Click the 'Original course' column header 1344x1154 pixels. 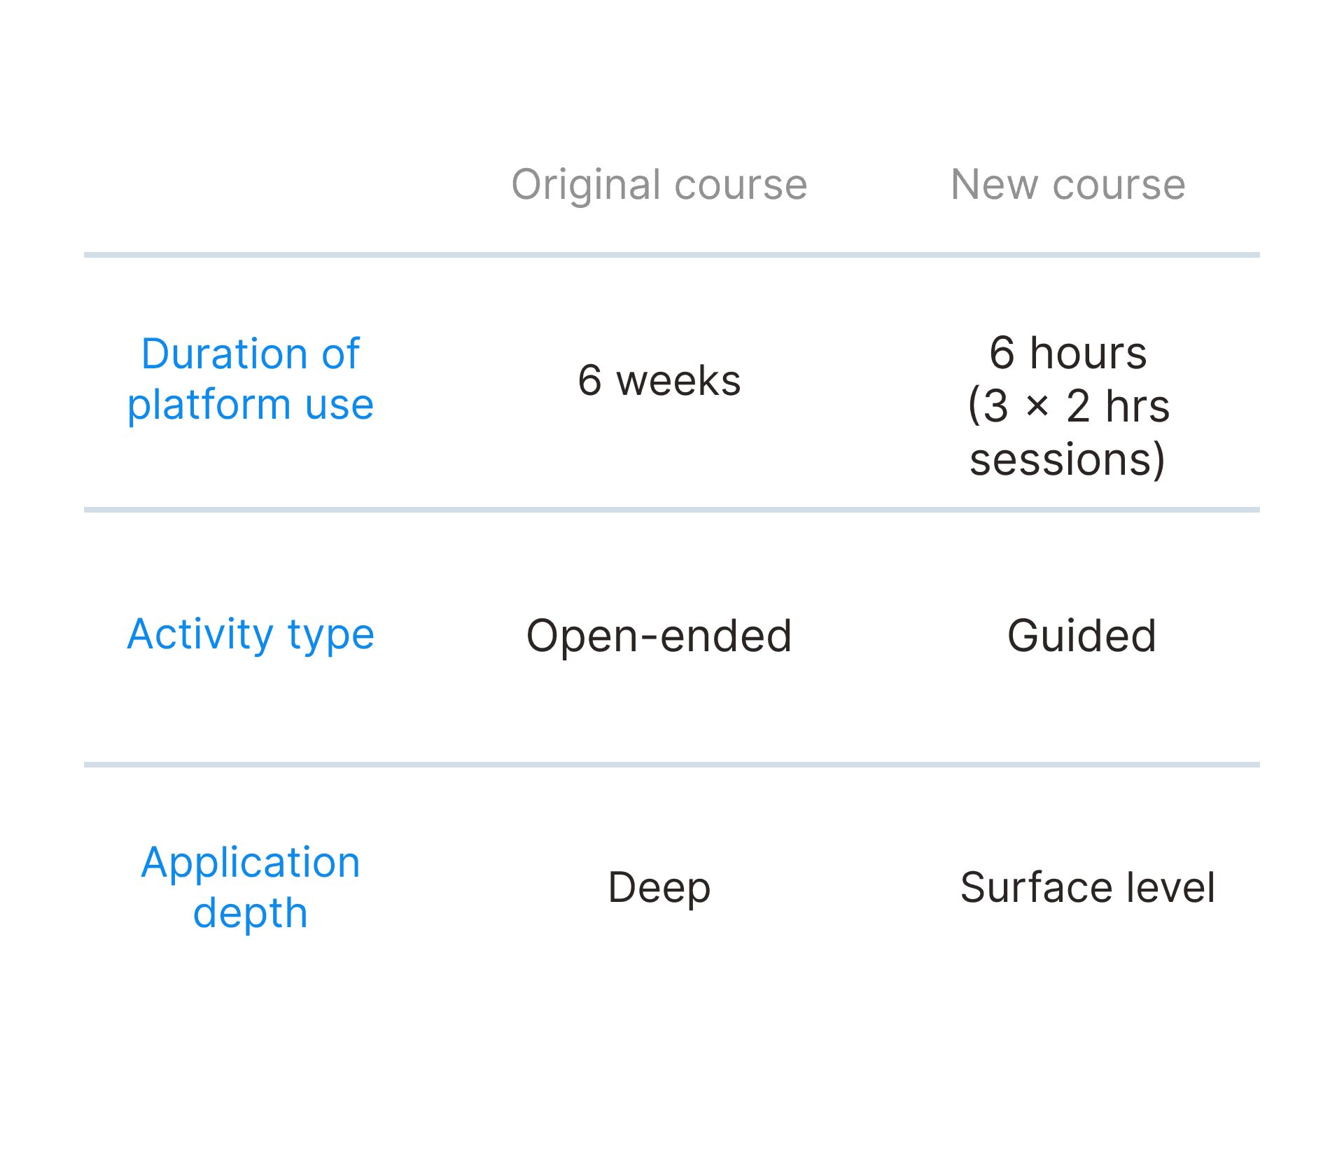click(659, 185)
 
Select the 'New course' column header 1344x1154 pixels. click(1067, 185)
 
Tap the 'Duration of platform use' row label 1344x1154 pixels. click(251, 380)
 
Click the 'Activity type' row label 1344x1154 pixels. click(251, 634)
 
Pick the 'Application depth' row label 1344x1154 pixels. click(251, 888)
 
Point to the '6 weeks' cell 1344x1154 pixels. click(659, 381)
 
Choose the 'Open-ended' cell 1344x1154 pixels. click(659, 636)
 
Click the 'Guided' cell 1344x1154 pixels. click(1081, 636)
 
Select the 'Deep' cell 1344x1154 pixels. click(659, 888)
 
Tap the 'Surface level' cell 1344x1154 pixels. click(1087, 888)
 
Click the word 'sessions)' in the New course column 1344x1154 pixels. click(1067, 460)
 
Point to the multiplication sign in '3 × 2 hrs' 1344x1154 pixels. click(1037, 406)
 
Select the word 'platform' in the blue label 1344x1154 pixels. click(209, 406)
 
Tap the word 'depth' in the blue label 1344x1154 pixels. click(251, 914)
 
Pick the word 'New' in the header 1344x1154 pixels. click(994, 185)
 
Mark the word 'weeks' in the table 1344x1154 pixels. click(678, 381)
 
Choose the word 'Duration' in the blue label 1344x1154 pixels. click(224, 354)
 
